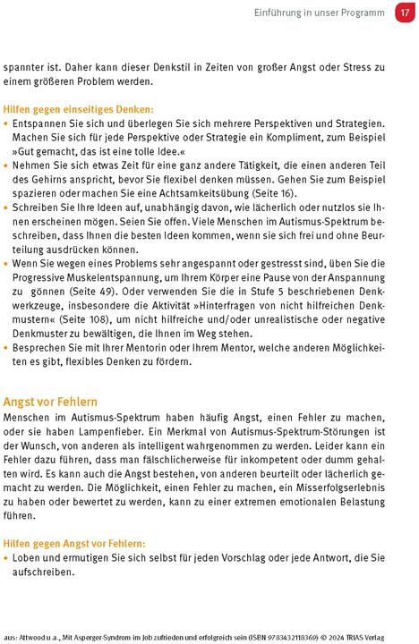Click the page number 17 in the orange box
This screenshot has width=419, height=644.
(403, 13)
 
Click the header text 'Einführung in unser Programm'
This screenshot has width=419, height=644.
(321, 13)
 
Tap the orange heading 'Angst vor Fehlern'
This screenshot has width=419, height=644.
(51, 402)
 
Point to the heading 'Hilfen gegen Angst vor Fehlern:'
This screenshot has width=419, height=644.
(74, 543)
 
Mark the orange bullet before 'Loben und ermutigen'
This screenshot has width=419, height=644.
(7, 557)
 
